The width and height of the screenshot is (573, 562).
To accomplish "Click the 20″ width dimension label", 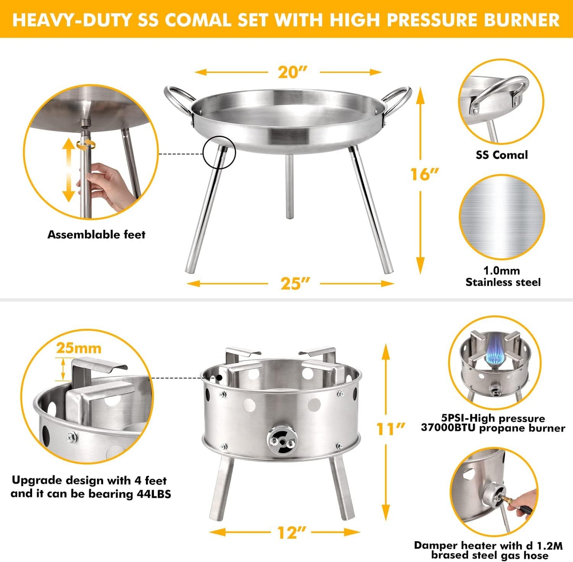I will tap(293, 72).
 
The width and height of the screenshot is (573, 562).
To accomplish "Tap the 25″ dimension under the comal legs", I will tap(295, 283).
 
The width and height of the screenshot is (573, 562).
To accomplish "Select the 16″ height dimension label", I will tap(424, 174).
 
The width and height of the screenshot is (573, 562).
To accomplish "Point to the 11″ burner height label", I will tap(390, 429).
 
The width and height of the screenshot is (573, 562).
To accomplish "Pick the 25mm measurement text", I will tap(79, 348).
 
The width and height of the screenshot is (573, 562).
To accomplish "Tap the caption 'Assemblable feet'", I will tap(96, 235).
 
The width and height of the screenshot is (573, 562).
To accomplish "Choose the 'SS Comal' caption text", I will tap(502, 155).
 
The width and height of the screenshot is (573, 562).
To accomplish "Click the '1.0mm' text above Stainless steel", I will tap(501, 271).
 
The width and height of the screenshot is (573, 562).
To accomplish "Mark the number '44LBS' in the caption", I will tap(154, 494).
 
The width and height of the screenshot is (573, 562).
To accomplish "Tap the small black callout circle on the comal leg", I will tap(219, 152).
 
